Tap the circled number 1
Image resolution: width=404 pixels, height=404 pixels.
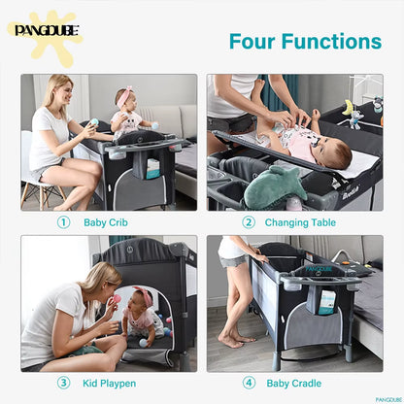tap(63, 222)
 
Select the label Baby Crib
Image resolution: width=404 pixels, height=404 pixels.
tap(106, 222)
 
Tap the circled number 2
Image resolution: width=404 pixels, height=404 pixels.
tap(248, 222)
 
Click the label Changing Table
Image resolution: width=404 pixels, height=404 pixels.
tap(302, 222)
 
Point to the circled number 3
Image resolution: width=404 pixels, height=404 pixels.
tap(63, 383)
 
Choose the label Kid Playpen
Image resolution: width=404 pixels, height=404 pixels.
tap(109, 383)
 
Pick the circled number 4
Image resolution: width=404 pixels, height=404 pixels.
tap(248, 383)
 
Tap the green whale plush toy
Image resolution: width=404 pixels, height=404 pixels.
tap(275, 184)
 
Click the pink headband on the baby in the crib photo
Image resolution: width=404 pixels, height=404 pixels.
tap(125, 96)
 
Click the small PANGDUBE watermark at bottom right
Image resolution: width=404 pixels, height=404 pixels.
tap(388, 398)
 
